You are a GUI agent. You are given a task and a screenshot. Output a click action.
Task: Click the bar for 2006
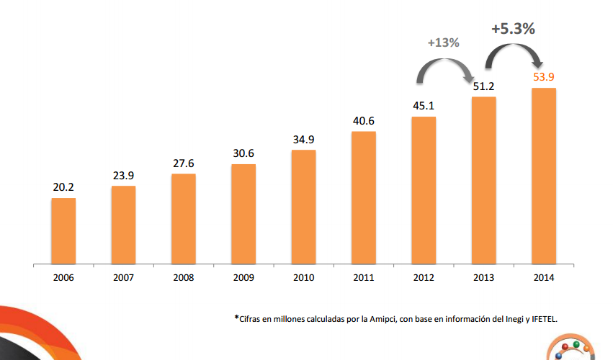[63, 230]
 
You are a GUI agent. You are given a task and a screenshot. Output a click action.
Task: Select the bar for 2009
[243, 213]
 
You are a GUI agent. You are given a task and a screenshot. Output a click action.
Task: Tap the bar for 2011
[364, 197]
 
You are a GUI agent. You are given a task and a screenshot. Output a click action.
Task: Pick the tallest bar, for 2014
[544, 176]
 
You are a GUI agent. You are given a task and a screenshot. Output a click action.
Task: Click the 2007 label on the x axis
[123, 276]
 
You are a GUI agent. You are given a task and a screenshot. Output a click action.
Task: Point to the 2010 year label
[303, 276]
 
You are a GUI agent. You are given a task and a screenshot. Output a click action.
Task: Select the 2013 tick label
[483, 276]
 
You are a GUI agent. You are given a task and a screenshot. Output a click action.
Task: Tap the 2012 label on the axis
[424, 276]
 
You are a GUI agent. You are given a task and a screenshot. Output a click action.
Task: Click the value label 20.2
[63, 187]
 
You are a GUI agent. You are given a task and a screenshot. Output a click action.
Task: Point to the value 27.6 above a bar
[184, 163]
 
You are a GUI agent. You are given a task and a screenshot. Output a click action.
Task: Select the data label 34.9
[303, 139]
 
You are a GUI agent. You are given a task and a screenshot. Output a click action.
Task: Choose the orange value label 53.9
[544, 76]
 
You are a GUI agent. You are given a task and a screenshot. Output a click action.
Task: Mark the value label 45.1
[424, 106]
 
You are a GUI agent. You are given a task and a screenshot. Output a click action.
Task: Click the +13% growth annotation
[443, 42]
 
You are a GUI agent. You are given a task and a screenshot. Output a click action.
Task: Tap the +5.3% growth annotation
[513, 30]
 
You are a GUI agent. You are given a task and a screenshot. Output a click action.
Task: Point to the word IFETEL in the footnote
[541, 318]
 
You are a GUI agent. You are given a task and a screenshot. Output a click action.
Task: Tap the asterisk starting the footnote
[236, 317]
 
